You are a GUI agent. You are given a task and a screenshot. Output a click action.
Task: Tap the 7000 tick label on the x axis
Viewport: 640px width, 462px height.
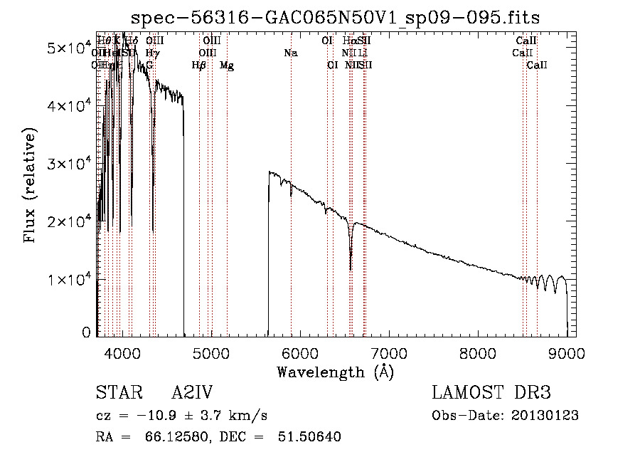coord(388,352)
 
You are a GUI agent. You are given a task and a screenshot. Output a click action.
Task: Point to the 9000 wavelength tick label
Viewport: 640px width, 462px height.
coord(567,352)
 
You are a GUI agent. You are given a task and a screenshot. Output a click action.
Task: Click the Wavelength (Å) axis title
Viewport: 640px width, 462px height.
coord(335,372)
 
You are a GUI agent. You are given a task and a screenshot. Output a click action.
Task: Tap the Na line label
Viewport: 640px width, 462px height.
coord(290,53)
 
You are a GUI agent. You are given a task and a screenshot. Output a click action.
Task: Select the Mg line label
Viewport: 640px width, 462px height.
coord(227,65)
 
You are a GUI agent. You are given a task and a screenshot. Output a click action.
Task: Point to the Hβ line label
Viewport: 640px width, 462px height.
coord(199,65)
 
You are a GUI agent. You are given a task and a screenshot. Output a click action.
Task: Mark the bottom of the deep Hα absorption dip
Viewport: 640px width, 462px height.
coord(351,269)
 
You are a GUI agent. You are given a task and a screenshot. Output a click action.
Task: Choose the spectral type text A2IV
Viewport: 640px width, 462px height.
coord(192,394)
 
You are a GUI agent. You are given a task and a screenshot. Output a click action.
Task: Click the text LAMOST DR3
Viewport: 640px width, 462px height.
coord(491,394)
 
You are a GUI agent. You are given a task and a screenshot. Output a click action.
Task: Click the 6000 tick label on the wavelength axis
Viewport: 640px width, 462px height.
coord(299,352)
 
